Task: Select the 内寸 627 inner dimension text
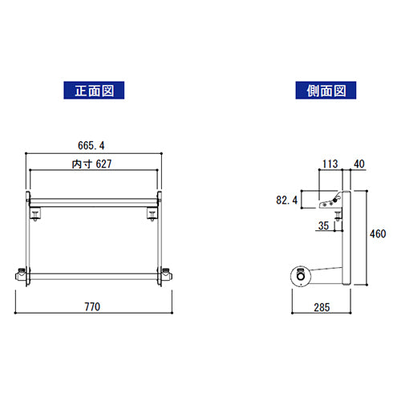[93, 164]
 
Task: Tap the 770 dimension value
[95, 307]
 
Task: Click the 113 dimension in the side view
[329, 164]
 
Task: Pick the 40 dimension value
[358, 164]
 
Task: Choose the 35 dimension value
[323, 227]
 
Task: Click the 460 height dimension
[377, 235]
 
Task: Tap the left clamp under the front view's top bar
[36, 214]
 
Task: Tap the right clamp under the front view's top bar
[152, 214]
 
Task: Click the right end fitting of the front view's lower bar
[167, 275]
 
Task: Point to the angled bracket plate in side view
[328, 201]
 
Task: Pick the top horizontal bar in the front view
[94, 200]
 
